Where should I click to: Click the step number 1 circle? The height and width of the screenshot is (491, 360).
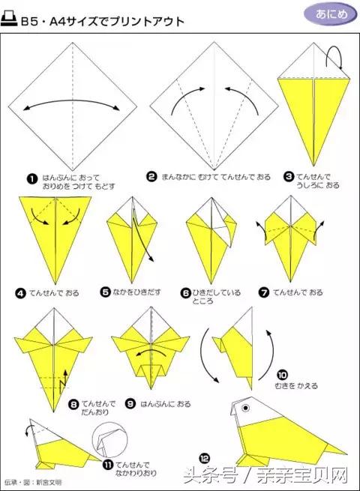click(32, 178)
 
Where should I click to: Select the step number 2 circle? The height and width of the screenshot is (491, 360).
click(151, 177)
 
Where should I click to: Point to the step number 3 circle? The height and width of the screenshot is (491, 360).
click(289, 178)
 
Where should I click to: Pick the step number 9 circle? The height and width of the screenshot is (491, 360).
click(130, 403)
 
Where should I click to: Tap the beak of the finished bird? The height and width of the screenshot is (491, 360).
click(234, 417)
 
